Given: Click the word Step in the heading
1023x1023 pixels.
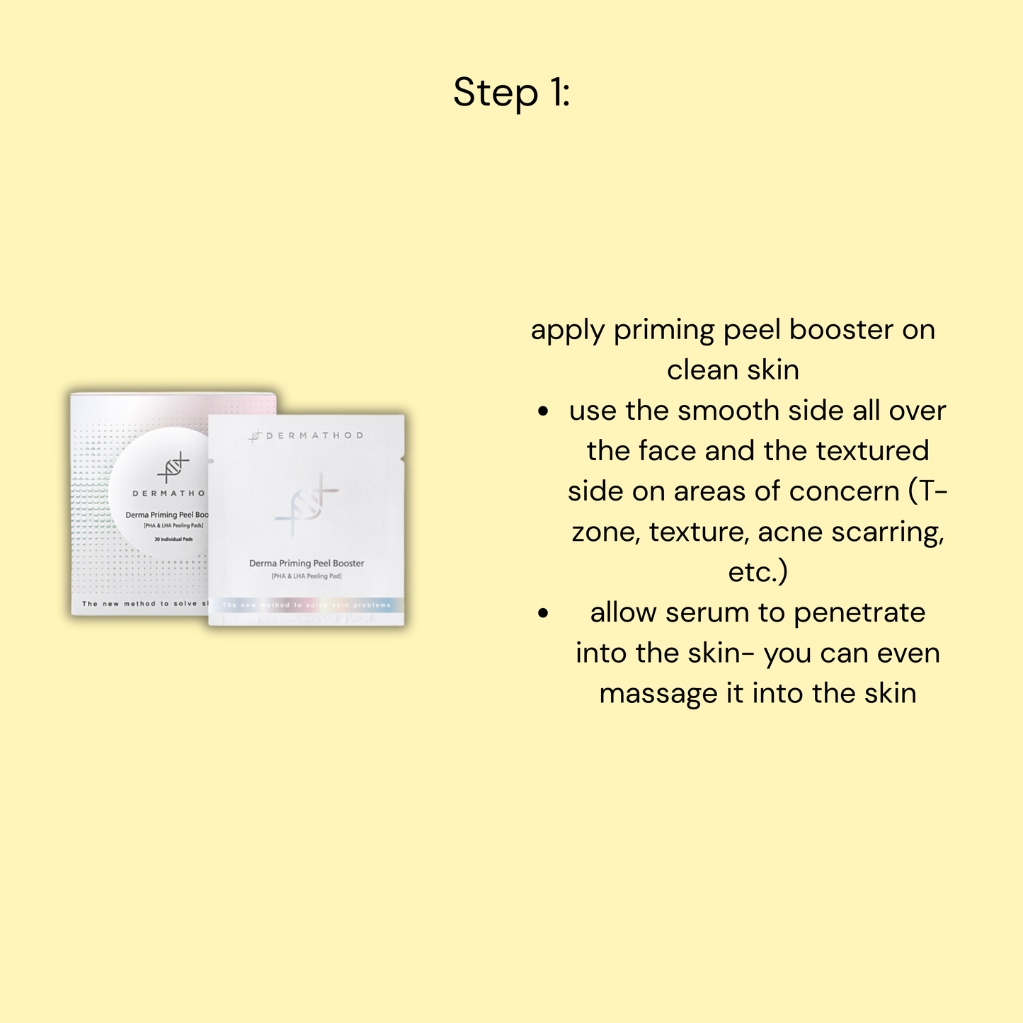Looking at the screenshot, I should click(x=496, y=93).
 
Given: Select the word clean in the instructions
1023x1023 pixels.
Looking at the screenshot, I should click(x=699, y=370).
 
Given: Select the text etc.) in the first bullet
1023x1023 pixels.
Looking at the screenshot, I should click(x=758, y=572).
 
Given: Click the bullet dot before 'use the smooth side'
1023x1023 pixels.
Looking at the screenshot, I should click(x=543, y=411).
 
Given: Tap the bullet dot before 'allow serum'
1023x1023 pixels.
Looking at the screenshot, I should click(x=543, y=613).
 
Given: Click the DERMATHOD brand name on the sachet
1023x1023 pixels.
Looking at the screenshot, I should click(x=314, y=435).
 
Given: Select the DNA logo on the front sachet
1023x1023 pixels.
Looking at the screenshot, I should click(x=307, y=504).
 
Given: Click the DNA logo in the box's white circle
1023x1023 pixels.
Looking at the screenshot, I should click(x=172, y=467).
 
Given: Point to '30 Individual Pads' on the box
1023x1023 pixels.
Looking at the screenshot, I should click(x=173, y=539).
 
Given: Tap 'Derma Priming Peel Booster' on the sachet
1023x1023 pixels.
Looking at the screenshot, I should click(x=307, y=564).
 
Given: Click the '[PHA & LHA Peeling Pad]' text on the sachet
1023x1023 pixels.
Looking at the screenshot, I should click(x=307, y=576).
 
